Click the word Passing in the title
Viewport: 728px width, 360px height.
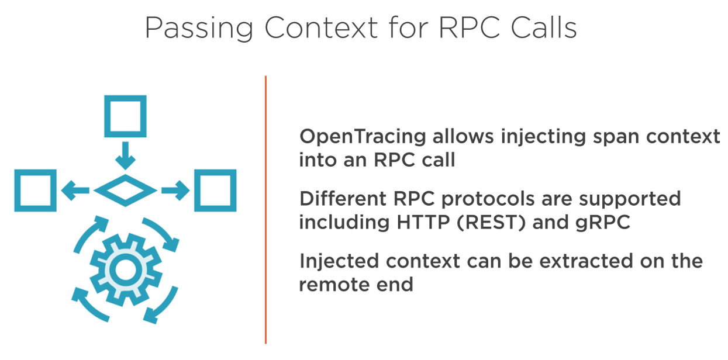tap(199, 28)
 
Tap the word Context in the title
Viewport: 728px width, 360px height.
tap(321, 27)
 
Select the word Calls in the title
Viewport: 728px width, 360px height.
tap(544, 27)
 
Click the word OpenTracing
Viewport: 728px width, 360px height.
tap(363, 137)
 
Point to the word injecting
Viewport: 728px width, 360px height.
tap(544, 137)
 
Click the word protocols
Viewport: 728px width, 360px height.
tap(488, 199)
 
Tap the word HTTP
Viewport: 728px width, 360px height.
tap(423, 223)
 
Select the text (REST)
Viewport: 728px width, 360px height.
tap(491, 223)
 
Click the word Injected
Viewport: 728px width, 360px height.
tap(339, 262)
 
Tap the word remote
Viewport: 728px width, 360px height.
tap(334, 285)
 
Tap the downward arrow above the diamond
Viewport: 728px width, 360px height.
tap(126, 155)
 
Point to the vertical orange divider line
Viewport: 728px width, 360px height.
tap(265, 210)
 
